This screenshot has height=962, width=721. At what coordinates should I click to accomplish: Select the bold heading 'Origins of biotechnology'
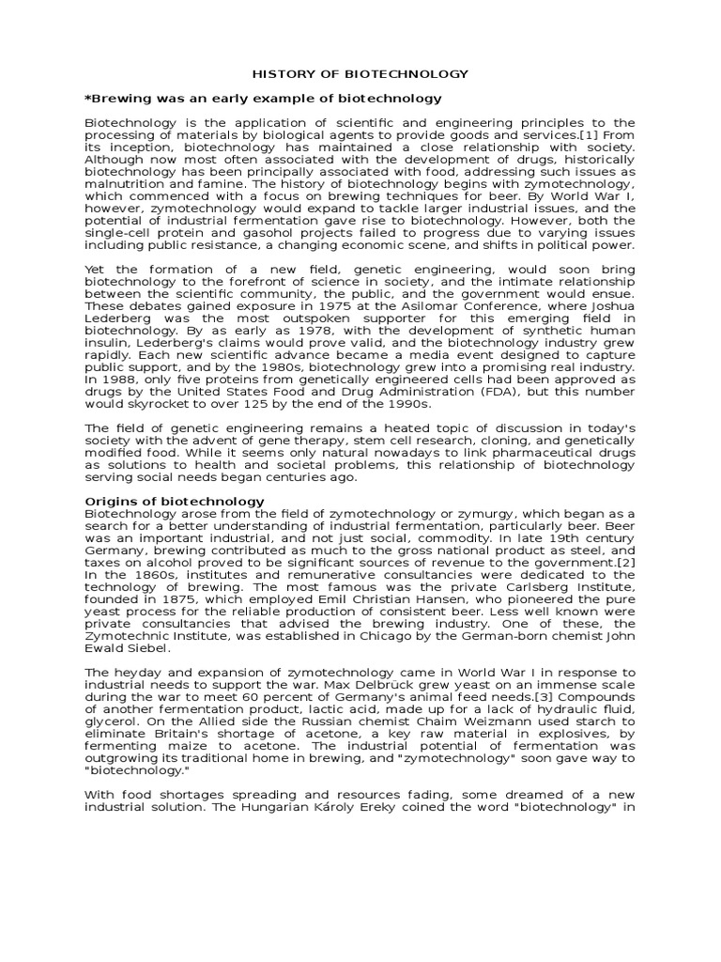click(175, 502)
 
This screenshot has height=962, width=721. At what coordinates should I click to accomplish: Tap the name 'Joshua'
click(614, 306)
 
